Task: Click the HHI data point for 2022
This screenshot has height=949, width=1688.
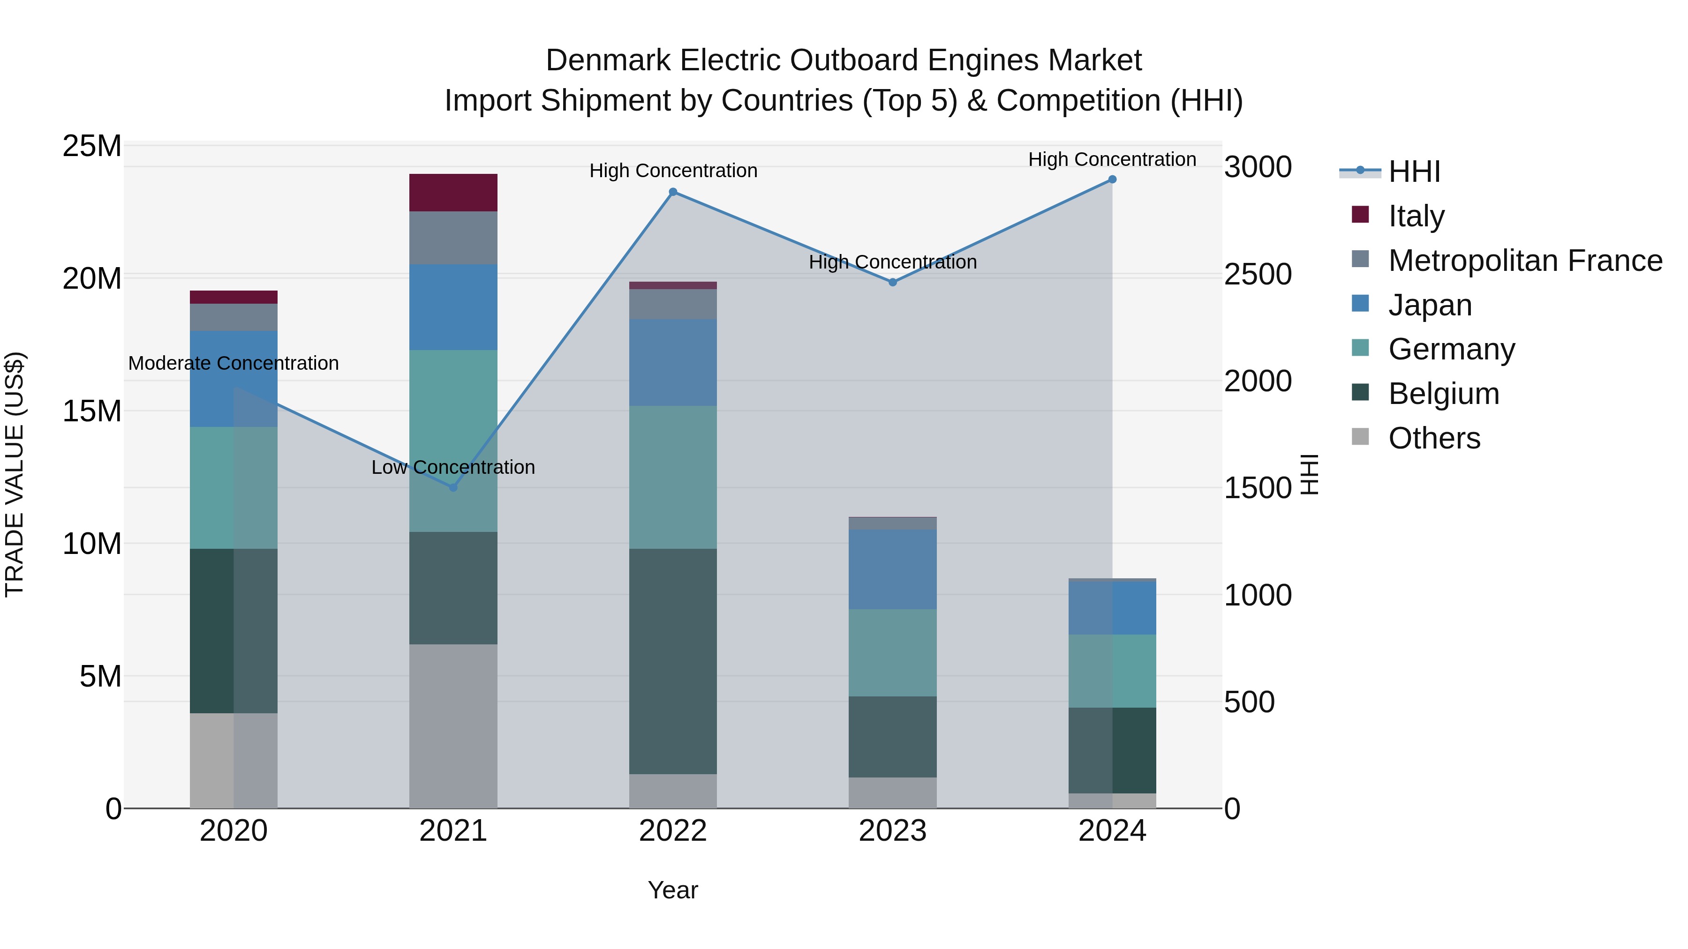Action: point(673,192)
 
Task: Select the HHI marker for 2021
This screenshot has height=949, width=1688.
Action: point(453,487)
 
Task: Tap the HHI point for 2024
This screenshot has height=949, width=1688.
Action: point(1112,179)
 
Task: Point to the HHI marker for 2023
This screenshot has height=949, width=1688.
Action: point(892,282)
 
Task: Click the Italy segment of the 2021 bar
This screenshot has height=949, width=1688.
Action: point(453,193)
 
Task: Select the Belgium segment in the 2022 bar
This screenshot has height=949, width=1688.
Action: point(673,661)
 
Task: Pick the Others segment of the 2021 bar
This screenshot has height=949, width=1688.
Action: point(453,725)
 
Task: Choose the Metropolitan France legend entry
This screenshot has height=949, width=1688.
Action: point(1525,261)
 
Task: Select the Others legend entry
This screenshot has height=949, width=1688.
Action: point(1434,438)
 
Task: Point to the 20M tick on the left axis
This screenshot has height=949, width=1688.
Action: point(92,279)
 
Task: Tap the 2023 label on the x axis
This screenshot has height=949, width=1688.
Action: point(892,831)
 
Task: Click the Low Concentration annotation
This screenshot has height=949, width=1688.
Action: point(453,467)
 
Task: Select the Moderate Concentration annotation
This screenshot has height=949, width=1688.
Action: point(234,363)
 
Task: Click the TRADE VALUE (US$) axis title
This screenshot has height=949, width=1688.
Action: point(15,474)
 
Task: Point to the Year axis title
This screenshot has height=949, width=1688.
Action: point(673,890)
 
